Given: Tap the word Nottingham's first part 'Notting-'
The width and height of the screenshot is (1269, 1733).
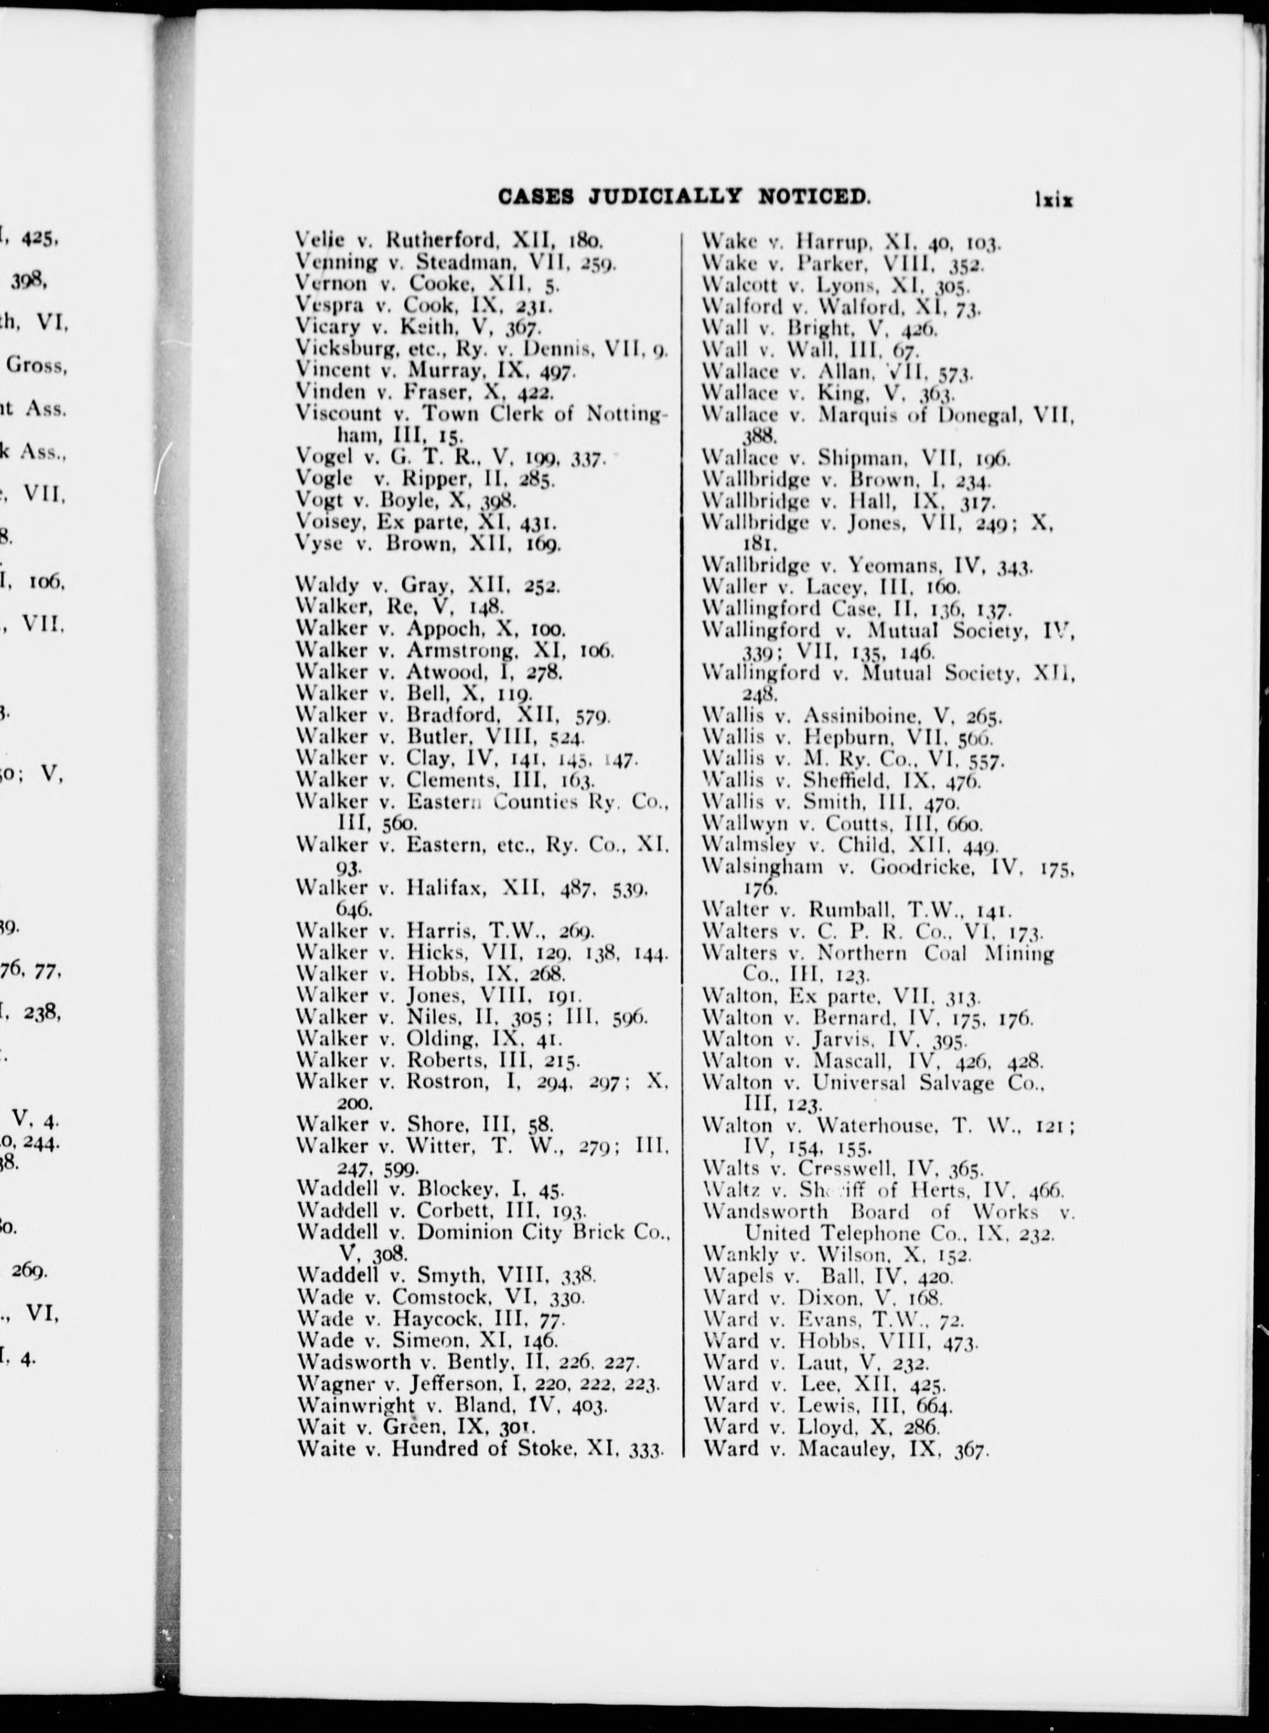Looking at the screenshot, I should coord(627,414).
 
